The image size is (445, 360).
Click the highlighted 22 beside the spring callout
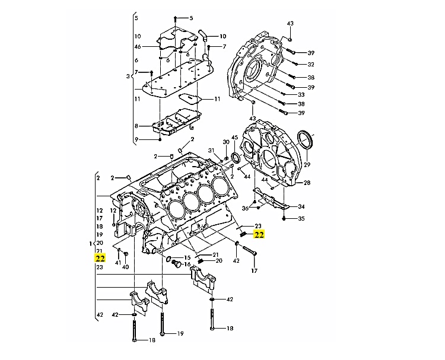pos(259,234)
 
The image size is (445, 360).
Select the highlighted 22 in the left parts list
pos(100,259)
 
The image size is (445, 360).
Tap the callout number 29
pos(307,164)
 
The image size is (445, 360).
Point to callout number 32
pos(310,65)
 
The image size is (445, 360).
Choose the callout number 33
pos(301,95)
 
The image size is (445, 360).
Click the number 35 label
pos(301,219)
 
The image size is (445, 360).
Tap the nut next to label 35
pos(285,219)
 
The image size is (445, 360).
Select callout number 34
pos(301,207)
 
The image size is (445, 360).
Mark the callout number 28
pos(307,183)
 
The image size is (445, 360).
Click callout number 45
pos(234,138)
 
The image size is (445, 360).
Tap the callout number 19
pos(180,334)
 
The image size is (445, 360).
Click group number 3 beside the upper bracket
pos(128,77)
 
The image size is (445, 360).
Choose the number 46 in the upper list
pos(137,46)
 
